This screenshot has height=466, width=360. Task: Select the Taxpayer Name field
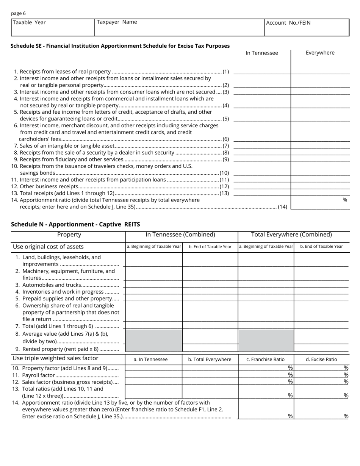179,28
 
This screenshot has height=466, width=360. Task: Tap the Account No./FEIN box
306,28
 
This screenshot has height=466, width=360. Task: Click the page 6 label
19,13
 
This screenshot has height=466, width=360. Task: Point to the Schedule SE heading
120,46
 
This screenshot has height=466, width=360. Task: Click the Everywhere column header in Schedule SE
320,53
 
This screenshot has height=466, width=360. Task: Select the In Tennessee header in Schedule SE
261,53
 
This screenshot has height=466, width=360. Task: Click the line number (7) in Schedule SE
226,146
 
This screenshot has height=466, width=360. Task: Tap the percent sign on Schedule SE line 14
344,200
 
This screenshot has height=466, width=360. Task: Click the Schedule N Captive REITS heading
75,224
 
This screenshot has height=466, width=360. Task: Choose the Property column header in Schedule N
69,235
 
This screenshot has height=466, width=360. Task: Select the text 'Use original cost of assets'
48,247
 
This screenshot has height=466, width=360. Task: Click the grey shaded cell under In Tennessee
153,340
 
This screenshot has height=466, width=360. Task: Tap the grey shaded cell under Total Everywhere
266,340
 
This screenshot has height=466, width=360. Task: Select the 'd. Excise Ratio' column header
321,359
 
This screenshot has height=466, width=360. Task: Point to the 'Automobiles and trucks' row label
52,285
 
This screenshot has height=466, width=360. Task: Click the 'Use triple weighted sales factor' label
55,358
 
